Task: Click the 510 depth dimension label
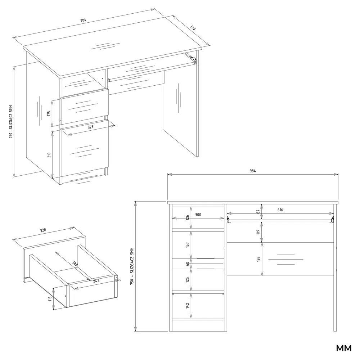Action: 193,28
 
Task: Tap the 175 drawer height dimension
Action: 49,113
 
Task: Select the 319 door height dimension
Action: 49,155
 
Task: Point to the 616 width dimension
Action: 280,210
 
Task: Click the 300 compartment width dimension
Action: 198,215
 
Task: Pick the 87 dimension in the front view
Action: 258,211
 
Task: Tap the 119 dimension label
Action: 258,232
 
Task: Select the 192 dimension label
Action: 258,259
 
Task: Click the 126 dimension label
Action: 187,217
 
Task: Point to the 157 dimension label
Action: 187,245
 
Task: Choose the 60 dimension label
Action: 187,264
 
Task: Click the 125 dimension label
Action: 187,280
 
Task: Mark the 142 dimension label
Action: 187,306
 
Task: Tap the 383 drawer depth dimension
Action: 75,264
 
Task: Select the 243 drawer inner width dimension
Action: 96,280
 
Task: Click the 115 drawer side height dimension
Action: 50,299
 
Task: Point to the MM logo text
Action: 344,348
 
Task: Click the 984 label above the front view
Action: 253,171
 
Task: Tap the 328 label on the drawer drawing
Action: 43,230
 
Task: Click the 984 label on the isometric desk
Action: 83,20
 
